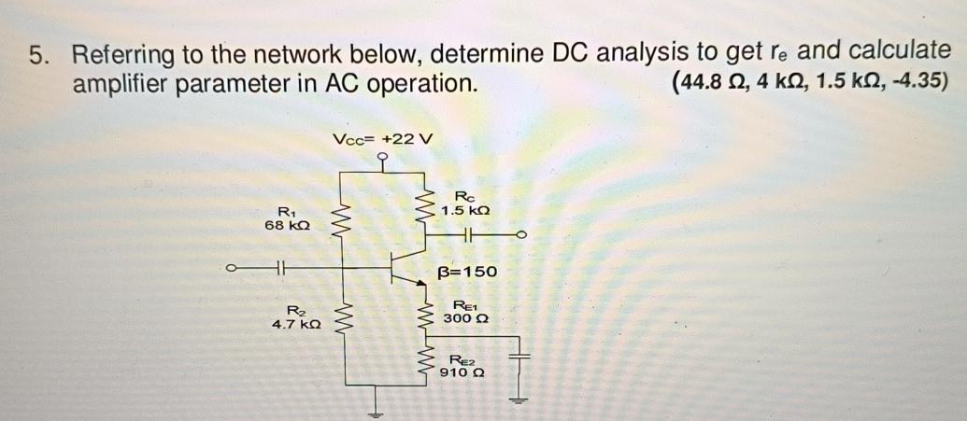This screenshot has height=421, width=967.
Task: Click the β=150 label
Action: point(467,273)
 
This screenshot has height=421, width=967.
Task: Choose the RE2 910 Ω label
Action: point(464,366)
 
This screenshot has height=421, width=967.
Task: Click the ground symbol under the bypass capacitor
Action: point(520,400)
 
